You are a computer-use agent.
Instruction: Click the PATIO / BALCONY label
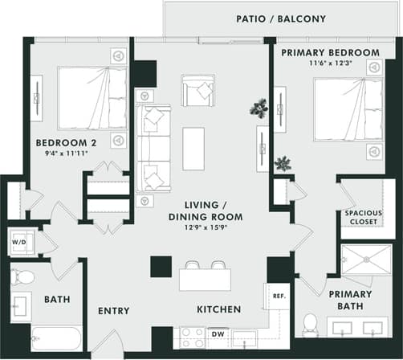pyautogui.click(x=280, y=18)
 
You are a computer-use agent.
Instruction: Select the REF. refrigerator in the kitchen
pyautogui.click(x=278, y=296)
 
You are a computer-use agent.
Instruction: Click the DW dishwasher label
pyautogui.click(x=217, y=333)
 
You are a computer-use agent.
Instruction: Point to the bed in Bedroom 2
pyautogui.click(x=92, y=98)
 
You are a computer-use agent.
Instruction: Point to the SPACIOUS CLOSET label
pyautogui.click(x=364, y=218)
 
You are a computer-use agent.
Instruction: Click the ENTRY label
pyautogui.click(x=114, y=311)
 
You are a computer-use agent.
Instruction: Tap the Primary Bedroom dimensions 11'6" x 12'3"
pyautogui.click(x=330, y=63)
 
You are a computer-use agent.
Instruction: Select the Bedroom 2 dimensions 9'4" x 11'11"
pyautogui.click(x=62, y=153)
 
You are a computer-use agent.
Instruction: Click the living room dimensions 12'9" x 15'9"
pyautogui.click(x=201, y=227)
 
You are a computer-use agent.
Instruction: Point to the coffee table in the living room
pyautogui.click(x=193, y=149)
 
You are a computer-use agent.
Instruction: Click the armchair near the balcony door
pyautogui.click(x=197, y=90)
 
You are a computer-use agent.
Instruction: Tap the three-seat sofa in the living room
pyautogui.click(x=153, y=148)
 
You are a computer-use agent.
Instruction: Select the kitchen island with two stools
pyautogui.click(x=205, y=278)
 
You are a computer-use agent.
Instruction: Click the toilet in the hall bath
pyautogui.click(x=23, y=278)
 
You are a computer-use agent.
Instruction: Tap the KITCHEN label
pyautogui.click(x=219, y=309)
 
